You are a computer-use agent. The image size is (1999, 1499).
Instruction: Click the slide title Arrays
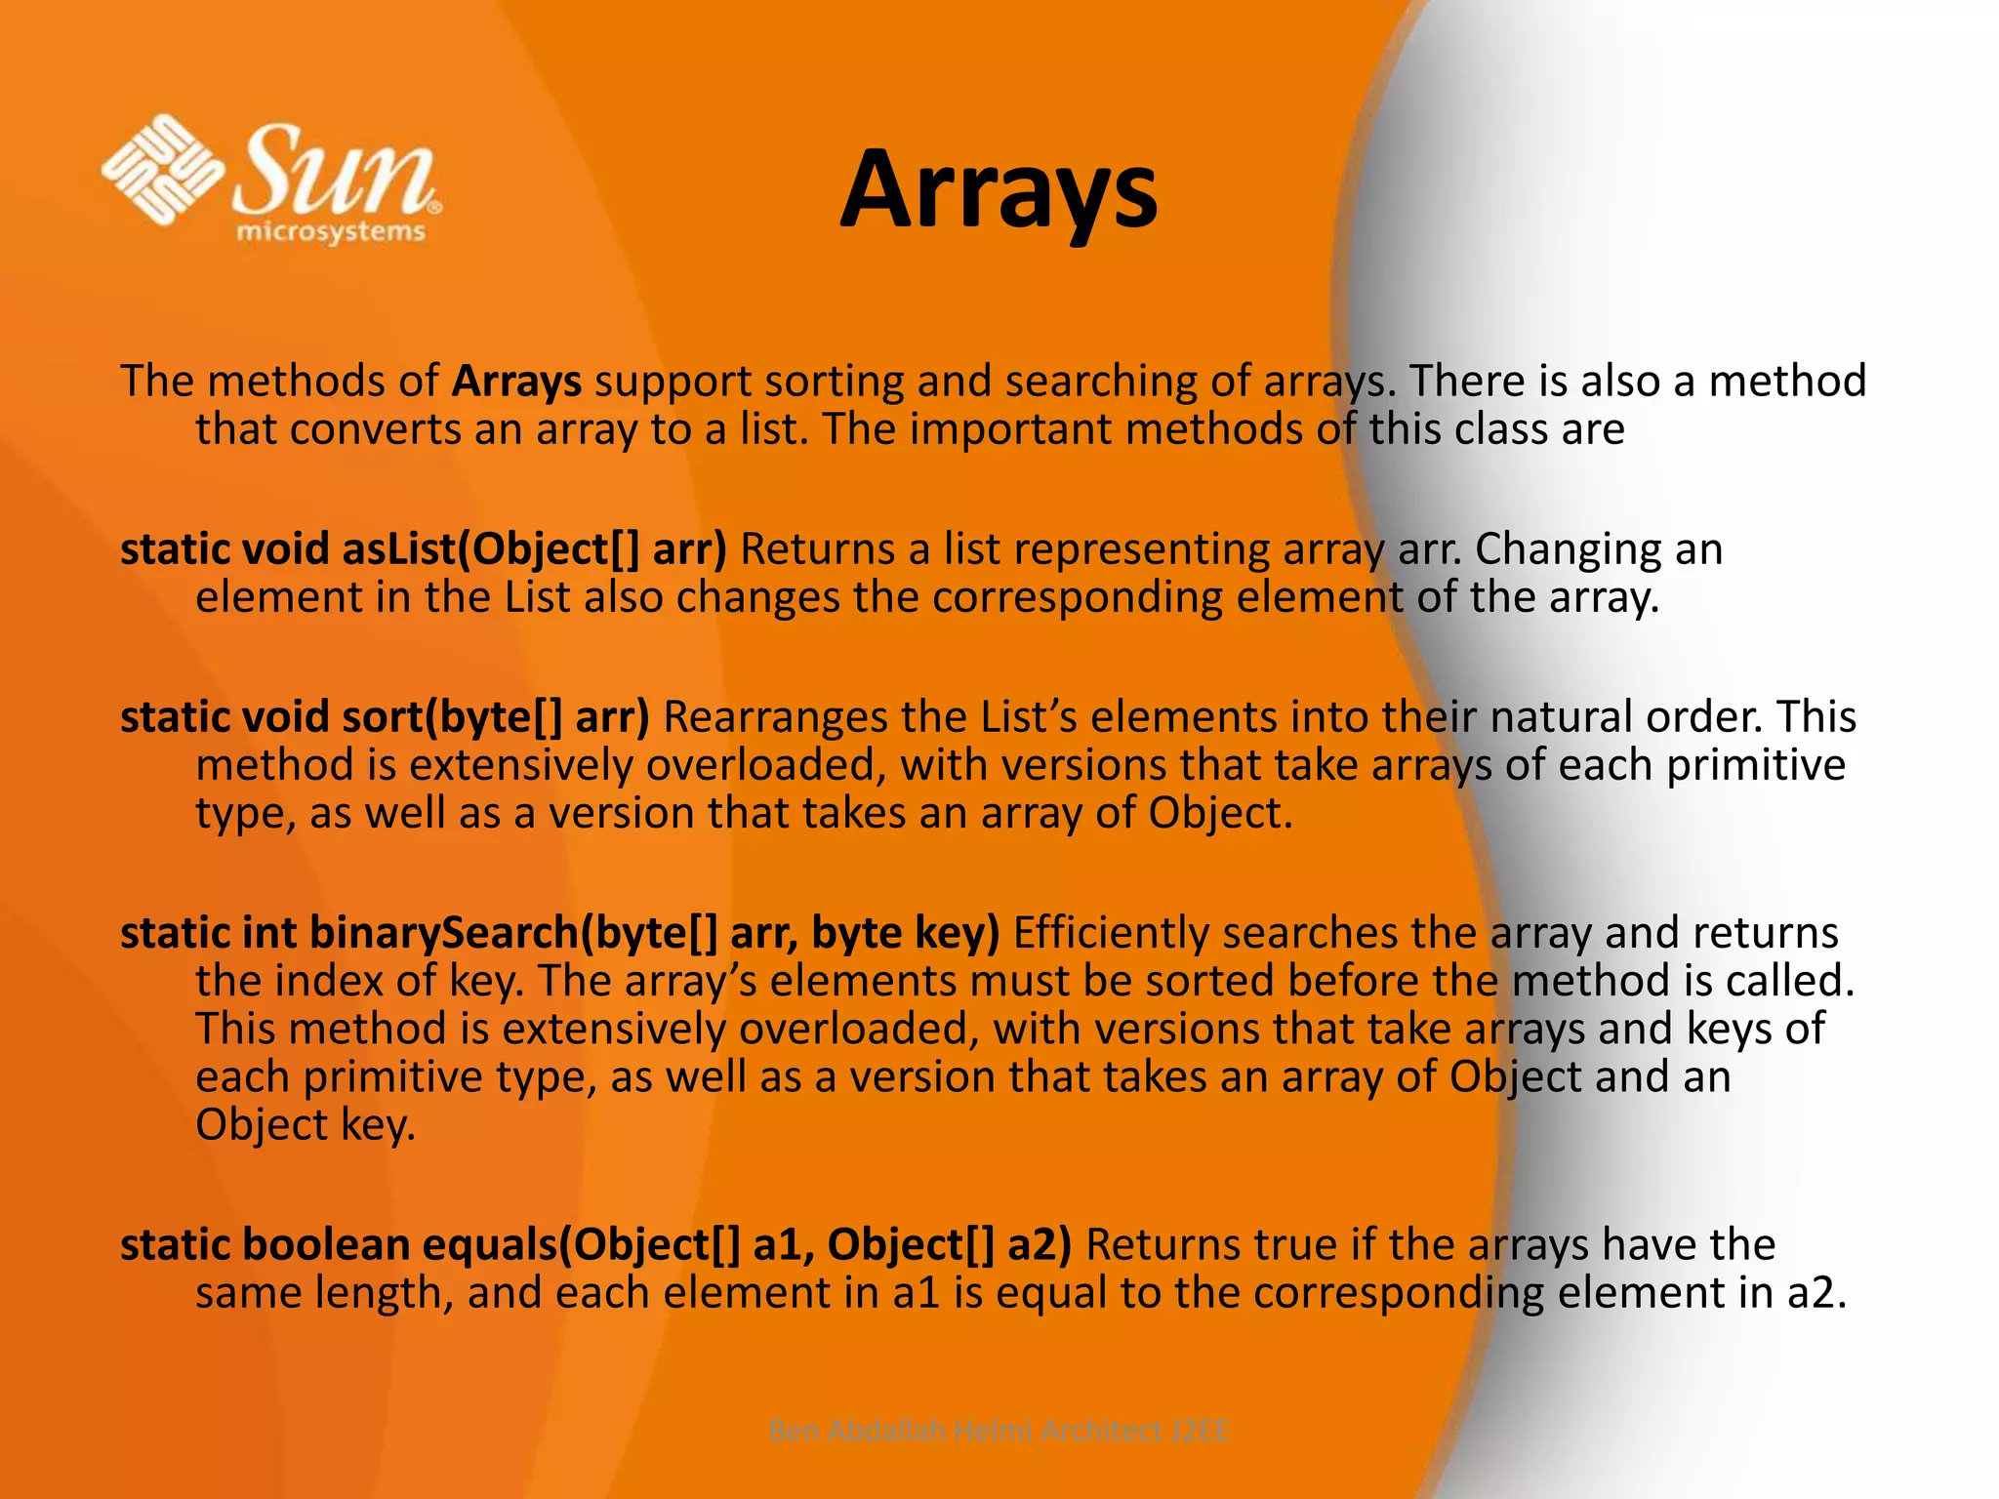click(x=999, y=190)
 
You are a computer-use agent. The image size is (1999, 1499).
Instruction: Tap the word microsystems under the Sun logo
click(x=331, y=232)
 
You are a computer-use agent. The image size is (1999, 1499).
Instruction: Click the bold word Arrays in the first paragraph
click(x=516, y=381)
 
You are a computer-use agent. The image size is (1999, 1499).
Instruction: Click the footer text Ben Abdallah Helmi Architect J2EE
click(x=999, y=1431)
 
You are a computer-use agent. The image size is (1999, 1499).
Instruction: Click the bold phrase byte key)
click(x=906, y=933)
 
